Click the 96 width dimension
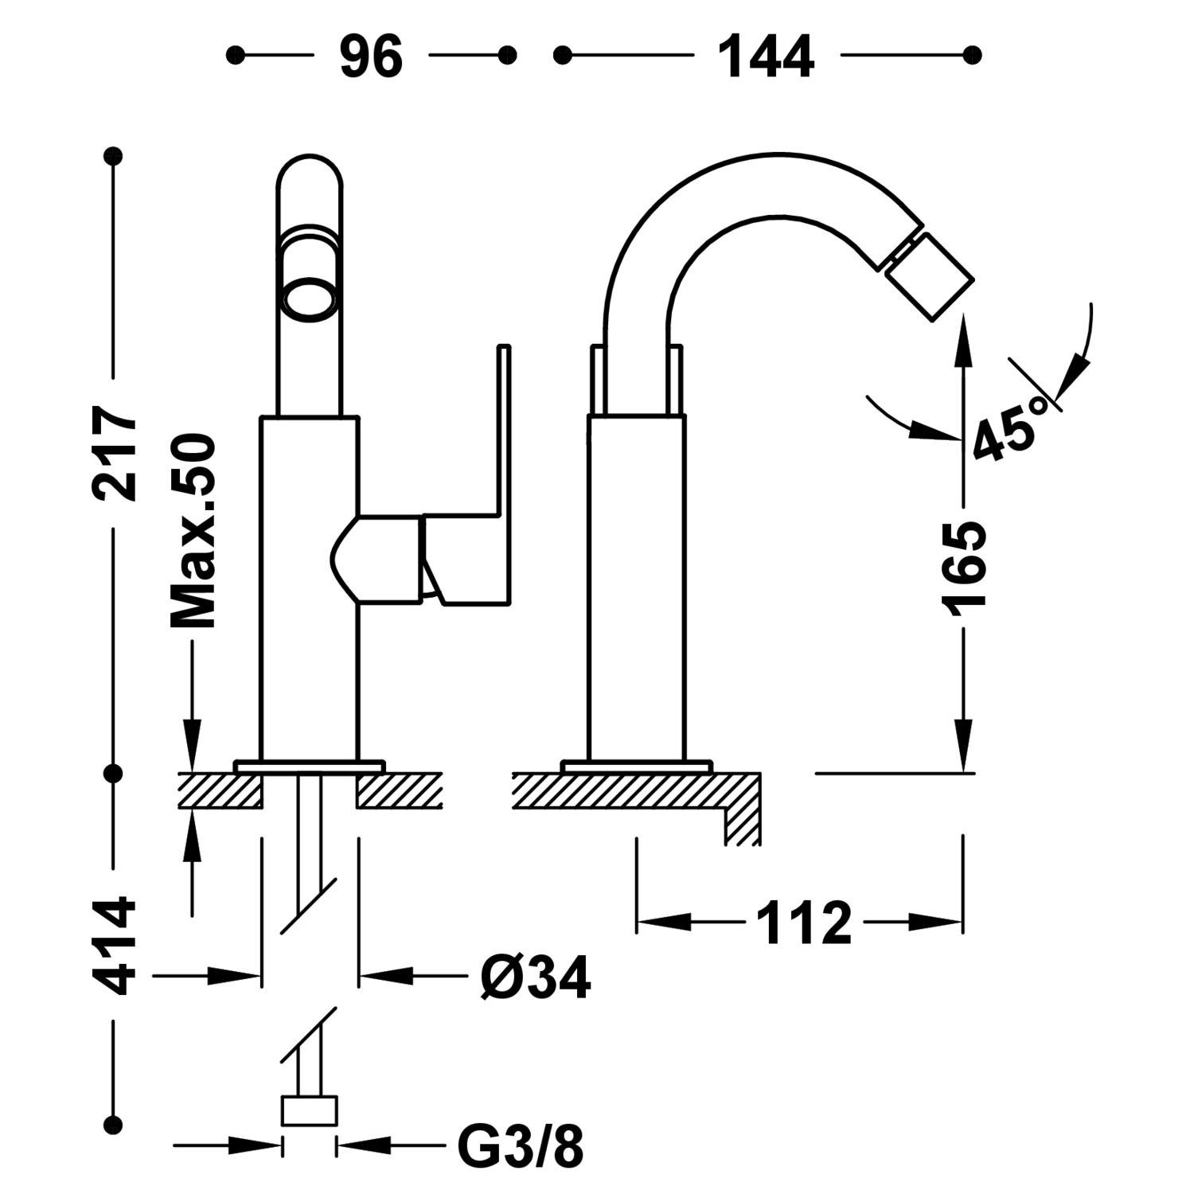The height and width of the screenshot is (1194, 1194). click(x=371, y=57)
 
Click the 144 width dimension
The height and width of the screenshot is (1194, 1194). click(x=766, y=57)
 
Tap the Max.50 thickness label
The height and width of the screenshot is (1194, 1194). click(x=193, y=531)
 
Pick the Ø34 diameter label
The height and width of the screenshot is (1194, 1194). click(x=536, y=977)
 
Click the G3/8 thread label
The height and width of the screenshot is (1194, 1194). click(x=521, y=1146)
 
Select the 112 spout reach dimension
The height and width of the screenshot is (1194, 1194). click(x=803, y=923)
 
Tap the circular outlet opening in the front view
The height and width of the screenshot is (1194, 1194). click(x=310, y=301)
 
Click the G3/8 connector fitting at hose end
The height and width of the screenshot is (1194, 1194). click(x=309, y=1110)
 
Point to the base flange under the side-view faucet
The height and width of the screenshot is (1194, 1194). click(x=636, y=767)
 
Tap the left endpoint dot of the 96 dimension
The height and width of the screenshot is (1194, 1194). click(x=235, y=55)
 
